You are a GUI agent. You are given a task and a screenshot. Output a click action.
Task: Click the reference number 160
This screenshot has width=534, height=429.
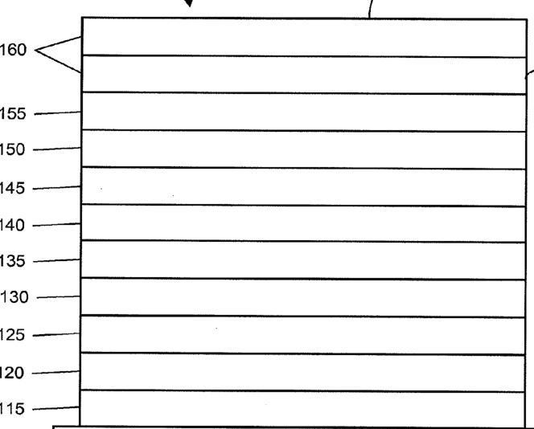tap(13, 50)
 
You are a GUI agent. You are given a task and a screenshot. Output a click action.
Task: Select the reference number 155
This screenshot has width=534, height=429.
tap(13, 114)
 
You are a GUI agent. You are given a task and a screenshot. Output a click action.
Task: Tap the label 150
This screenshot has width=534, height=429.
tap(13, 150)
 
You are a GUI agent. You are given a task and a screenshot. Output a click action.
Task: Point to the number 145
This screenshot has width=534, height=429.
tap(13, 189)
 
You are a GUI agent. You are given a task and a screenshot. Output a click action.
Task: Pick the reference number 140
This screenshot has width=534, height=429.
tap(13, 226)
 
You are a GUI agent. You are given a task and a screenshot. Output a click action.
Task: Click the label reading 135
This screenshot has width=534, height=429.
tap(13, 262)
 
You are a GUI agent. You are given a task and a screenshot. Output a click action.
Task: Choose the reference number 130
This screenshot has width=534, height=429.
tap(14, 298)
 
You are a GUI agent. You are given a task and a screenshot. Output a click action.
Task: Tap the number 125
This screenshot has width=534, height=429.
tap(13, 336)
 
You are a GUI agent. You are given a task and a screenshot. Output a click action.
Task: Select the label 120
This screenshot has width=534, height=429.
tap(13, 374)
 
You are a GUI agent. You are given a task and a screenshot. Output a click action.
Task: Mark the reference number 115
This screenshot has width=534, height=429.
tap(13, 410)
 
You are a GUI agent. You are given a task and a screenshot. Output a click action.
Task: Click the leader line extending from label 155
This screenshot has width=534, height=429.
tap(56, 112)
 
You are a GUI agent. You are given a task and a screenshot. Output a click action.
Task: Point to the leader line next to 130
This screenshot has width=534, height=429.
tap(58, 297)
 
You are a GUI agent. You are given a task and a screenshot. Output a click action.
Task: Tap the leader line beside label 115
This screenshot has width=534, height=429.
tap(56, 408)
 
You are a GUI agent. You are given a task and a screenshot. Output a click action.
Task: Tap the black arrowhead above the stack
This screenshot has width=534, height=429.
tap(189, 3)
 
